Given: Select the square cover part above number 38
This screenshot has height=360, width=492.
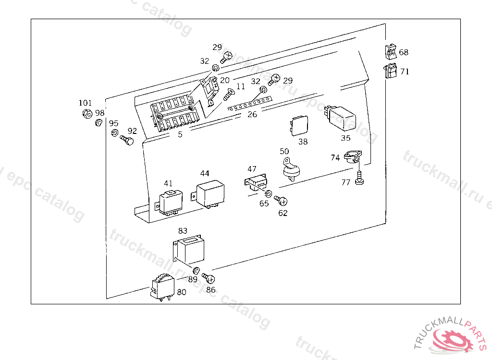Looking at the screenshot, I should pyautogui.click(x=299, y=125).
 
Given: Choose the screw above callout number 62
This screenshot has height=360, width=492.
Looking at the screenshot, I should pyautogui.click(x=281, y=200).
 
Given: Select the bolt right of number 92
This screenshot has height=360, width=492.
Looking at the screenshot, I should pyautogui.click(x=126, y=141).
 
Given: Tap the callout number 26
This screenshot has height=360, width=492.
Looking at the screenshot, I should pyautogui.click(x=252, y=114).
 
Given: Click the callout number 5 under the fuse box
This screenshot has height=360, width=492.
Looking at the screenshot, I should pyautogui.click(x=180, y=135).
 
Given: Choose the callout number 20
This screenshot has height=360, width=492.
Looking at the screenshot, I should pyautogui.click(x=225, y=80).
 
